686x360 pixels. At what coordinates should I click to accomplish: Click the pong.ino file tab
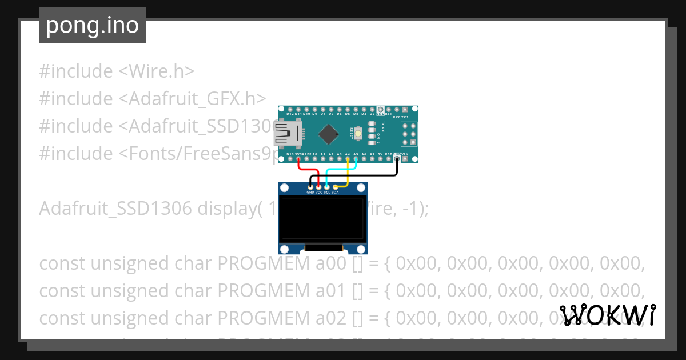pyautogui.click(x=92, y=26)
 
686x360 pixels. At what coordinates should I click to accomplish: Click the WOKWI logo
pyautogui.click(x=607, y=315)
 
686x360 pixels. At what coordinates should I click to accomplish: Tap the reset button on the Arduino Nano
pyautogui.click(x=358, y=134)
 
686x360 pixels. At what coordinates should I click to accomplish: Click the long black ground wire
pyautogui.click(x=366, y=176)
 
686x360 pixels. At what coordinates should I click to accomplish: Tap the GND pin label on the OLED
pyautogui.click(x=310, y=193)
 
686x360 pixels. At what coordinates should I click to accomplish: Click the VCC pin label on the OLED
pyautogui.click(x=319, y=193)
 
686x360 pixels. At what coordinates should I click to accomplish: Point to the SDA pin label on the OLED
pyautogui.click(x=335, y=193)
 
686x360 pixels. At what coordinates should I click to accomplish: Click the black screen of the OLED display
pyautogui.click(x=322, y=218)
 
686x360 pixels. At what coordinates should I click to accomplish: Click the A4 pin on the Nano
pyautogui.click(x=348, y=159)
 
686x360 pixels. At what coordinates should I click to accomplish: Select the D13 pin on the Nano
pyautogui.click(x=290, y=159)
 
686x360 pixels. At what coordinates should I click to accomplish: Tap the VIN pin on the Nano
pyautogui.click(x=405, y=159)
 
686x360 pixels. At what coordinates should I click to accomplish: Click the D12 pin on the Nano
pyautogui.click(x=290, y=109)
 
